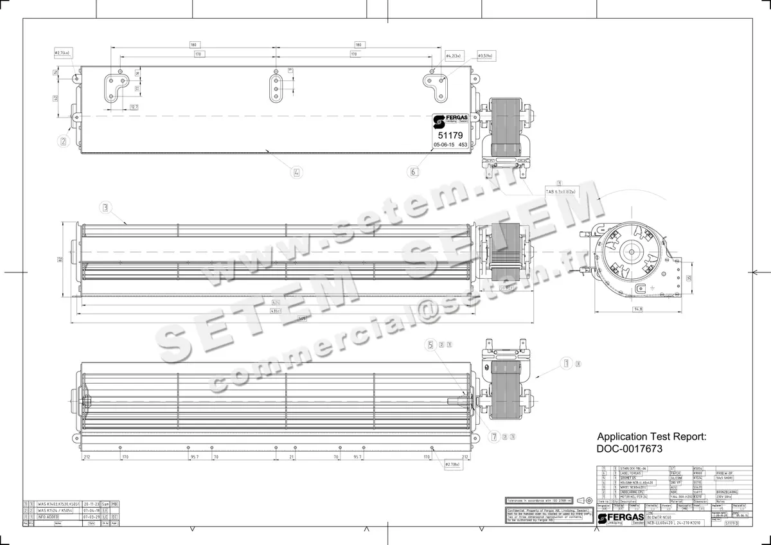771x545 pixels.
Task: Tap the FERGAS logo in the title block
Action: (619, 517)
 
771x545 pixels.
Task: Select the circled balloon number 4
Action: (296, 172)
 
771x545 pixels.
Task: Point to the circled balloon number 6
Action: (413, 172)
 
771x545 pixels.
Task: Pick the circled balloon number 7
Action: (493, 437)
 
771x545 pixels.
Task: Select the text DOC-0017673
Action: (630, 449)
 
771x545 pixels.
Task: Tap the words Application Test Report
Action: (651, 436)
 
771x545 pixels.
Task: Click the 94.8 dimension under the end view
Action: (637, 309)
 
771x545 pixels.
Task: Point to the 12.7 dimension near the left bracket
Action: (134, 107)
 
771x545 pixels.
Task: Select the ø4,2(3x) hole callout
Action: (454, 57)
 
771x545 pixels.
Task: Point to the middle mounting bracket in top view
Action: (276, 87)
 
